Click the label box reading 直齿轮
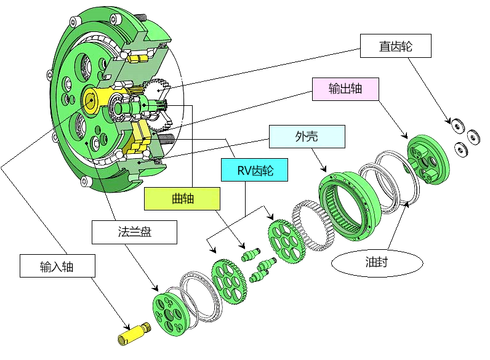click(395, 46)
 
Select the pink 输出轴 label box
click(345, 89)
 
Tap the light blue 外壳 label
click(307, 137)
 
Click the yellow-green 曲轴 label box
click(182, 199)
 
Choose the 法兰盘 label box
click(134, 232)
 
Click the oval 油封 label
click(377, 263)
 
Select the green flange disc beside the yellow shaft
click(168, 314)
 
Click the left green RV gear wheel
click(229, 281)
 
